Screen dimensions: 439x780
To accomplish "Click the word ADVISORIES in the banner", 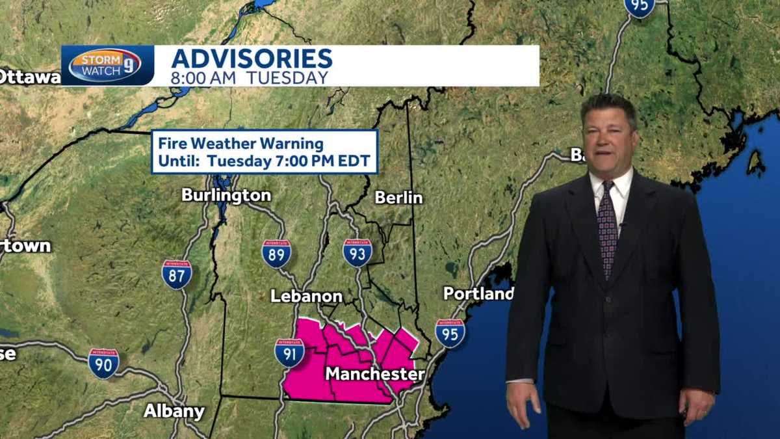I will [252, 59].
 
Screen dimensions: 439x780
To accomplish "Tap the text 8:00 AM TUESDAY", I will [250, 78].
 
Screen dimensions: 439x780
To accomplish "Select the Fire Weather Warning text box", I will [265, 152].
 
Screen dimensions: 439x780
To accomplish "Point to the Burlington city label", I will [226, 195].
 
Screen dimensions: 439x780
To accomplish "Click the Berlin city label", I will [398, 198].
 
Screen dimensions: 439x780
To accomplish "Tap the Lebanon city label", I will [306, 297].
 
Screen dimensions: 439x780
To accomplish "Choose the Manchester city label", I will [374, 375].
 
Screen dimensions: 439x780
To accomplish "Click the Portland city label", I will [478, 294].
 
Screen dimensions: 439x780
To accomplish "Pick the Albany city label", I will [174, 412].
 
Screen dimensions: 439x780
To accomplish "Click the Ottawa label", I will [30, 77].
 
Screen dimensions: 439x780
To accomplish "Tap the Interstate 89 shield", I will [276, 254].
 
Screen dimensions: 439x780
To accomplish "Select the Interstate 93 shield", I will [357, 253].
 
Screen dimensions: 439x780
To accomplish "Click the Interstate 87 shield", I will [177, 274].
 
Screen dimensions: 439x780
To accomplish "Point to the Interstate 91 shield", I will [289, 353].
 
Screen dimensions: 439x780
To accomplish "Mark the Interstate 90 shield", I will [103, 363].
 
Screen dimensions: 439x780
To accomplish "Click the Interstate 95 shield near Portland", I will [450, 333].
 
